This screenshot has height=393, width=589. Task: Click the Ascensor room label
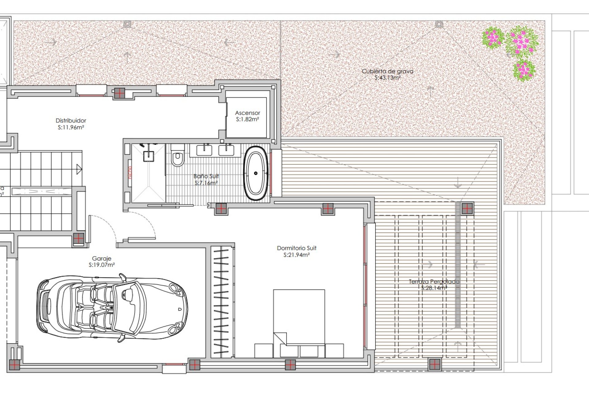[x=247, y=113]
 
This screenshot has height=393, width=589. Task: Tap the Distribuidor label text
[x=71, y=121]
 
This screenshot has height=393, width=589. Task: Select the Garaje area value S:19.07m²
[x=102, y=265]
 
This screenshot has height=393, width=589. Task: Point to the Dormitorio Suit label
[x=296, y=248]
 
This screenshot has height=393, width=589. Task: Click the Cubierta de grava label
[x=387, y=71]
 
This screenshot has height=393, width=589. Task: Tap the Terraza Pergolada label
[x=434, y=282]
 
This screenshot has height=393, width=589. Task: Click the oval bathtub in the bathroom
[x=255, y=173]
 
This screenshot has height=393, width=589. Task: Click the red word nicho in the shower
[x=130, y=173]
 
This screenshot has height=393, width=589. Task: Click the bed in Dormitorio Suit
[x=299, y=319]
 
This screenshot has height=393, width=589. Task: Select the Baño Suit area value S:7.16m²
[x=206, y=183]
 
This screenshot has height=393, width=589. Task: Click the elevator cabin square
[x=246, y=117]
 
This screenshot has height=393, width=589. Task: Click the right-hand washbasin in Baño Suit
[x=226, y=150]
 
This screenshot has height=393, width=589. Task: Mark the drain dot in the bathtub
[x=256, y=173]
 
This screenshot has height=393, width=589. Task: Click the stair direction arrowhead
[x=79, y=169]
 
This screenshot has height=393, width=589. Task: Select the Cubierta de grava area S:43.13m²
[x=387, y=78]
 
